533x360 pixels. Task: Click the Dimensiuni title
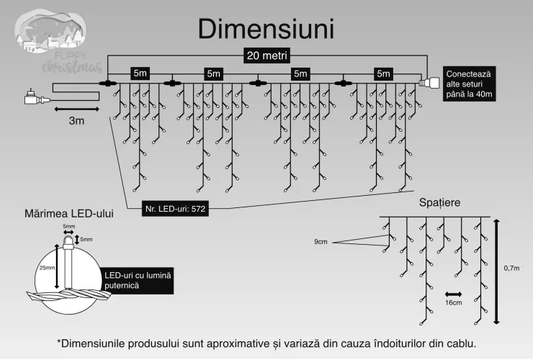pyautogui.click(x=266, y=29)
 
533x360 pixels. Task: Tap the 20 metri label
pyautogui.click(x=266, y=55)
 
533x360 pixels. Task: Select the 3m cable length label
pyautogui.click(x=76, y=121)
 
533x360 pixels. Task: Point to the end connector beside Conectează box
pyautogui.click(x=429, y=83)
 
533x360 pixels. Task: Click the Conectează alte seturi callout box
pyautogui.click(x=469, y=84)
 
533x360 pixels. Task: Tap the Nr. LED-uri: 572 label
pyautogui.click(x=175, y=209)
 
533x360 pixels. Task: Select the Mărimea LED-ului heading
pyautogui.click(x=69, y=214)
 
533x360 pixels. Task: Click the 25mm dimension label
pyautogui.click(x=47, y=268)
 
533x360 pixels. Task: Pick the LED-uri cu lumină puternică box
pyautogui.click(x=138, y=281)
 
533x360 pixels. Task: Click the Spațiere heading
pyautogui.click(x=439, y=202)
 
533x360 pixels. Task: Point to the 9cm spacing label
pyautogui.click(x=321, y=242)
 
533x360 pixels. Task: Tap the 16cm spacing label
pyautogui.click(x=454, y=302)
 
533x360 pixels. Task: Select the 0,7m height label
pyautogui.click(x=511, y=269)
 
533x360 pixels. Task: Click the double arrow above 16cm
pyautogui.click(x=454, y=294)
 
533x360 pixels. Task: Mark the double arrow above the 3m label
pyautogui.click(x=77, y=109)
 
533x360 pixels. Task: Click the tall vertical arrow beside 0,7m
pyautogui.click(x=497, y=271)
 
